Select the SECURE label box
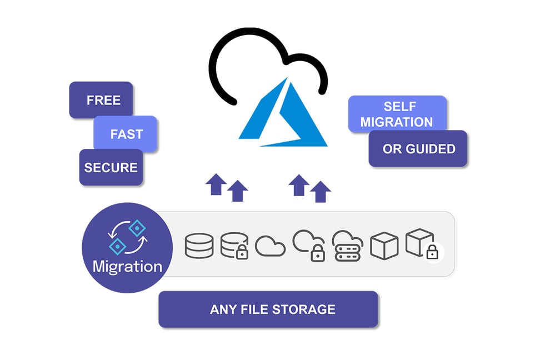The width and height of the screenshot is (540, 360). point(111,167)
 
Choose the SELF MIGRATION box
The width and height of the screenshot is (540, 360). point(397,114)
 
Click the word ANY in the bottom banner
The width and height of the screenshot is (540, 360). point(223,309)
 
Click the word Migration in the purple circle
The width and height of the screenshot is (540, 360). point(127,266)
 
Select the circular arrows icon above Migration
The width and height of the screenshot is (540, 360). point(127,236)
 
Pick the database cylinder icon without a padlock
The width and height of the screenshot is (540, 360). point(199,245)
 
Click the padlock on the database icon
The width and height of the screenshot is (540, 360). point(242,253)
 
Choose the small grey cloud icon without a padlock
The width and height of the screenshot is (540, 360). point(271,246)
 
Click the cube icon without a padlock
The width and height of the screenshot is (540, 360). point(384,245)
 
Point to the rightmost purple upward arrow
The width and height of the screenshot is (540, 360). point(320,191)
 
